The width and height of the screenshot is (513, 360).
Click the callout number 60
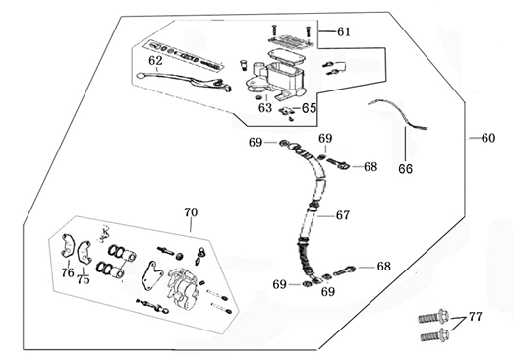[x=488, y=137]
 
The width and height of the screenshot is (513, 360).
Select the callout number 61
[x=343, y=32]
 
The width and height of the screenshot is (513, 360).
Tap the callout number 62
[x=155, y=60]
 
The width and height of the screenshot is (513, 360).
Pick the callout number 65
[x=309, y=108]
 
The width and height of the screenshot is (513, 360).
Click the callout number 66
[x=405, y=168]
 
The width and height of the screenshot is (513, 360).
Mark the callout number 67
[x=342, y=215]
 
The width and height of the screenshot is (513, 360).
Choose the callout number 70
[x=191, y=211]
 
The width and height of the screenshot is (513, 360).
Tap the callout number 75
[x=84, y=279]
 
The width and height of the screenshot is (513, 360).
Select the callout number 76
[x=67, y=272]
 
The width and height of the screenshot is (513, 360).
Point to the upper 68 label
[x=370, y=166]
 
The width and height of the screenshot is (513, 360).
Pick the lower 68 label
[x=383, y=267]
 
